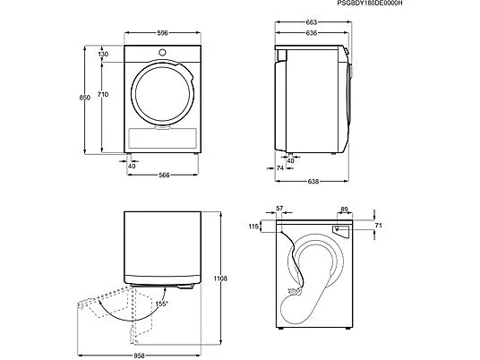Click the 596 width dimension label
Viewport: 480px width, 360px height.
163,33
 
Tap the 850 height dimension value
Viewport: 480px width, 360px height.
85,98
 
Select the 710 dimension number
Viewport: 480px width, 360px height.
103,95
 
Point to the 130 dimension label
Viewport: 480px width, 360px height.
103,55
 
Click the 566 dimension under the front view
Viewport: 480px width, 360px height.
164,176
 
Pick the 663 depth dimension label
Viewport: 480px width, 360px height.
312,22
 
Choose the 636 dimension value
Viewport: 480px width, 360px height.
312,33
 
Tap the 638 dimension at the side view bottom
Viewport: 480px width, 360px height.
313,182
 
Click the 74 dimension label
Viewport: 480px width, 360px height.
280,168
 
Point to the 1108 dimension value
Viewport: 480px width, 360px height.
220,279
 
